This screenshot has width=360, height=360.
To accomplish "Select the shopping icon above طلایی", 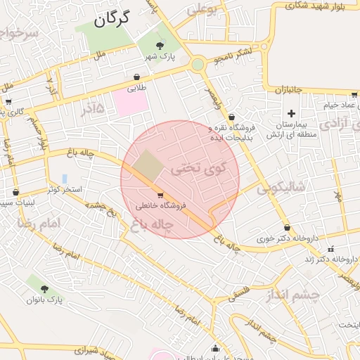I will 136,77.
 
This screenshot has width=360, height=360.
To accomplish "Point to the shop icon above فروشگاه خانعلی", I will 160,195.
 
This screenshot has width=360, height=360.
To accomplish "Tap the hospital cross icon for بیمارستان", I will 291,113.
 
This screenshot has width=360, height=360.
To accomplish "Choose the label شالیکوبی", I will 283,188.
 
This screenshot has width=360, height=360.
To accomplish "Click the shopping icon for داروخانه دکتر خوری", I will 287,227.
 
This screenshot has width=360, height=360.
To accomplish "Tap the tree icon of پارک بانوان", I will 45,288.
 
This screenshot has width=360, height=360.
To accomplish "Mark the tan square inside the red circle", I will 148,164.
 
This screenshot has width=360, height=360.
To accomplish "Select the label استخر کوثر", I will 65,191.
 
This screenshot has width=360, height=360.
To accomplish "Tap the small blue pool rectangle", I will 65,179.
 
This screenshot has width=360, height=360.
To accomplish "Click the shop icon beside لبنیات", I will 15,192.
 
